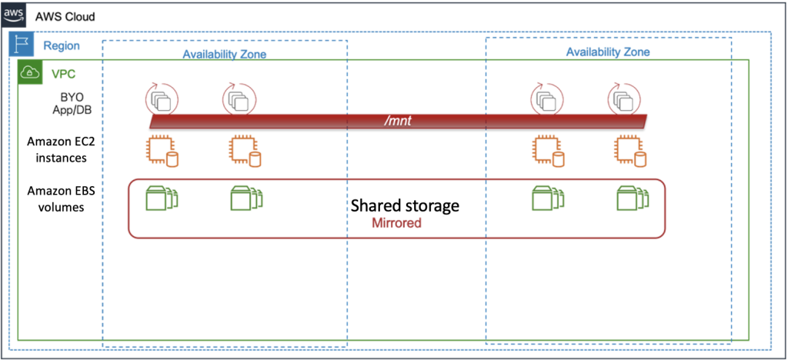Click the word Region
tap(62, 46)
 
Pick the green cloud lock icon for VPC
tap(29, 72)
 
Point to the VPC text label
tap(63, 74)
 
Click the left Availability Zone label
tap(224, 55)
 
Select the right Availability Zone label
tap(608, 52)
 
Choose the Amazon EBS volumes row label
tap(64, 198)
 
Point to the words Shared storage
tap(405, 206)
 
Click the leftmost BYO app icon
tap(162, 100)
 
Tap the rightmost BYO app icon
tap(624, 100)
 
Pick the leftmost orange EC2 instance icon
tap(162, 151)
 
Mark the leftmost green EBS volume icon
tap(162, 198)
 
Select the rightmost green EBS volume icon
tap(633, 198)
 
